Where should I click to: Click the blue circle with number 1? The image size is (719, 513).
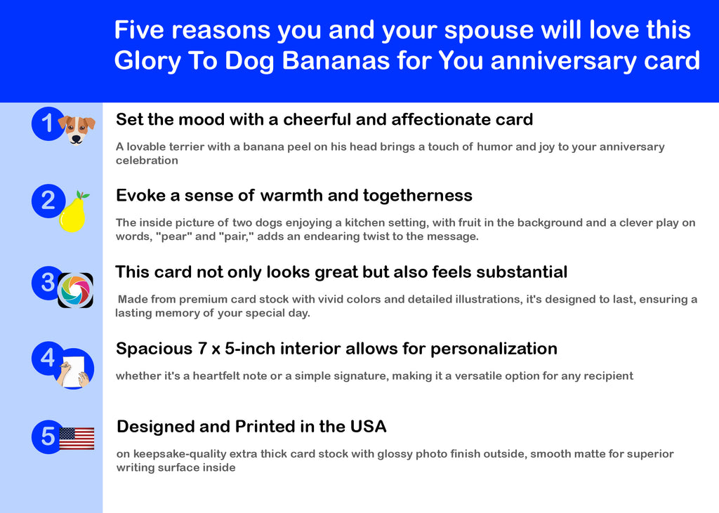tap(48, 124)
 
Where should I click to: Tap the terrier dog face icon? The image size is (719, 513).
tap(77, 131)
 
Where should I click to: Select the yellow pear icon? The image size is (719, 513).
tap(73, 212)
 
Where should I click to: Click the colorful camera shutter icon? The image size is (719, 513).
tap(75, 291)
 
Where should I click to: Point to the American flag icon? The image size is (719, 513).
tap(77, 439)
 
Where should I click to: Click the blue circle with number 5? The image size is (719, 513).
tap(48, 437)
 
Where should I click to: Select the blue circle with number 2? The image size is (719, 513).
tap(48, 201)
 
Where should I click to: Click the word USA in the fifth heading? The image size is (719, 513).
tap(368, 427)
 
